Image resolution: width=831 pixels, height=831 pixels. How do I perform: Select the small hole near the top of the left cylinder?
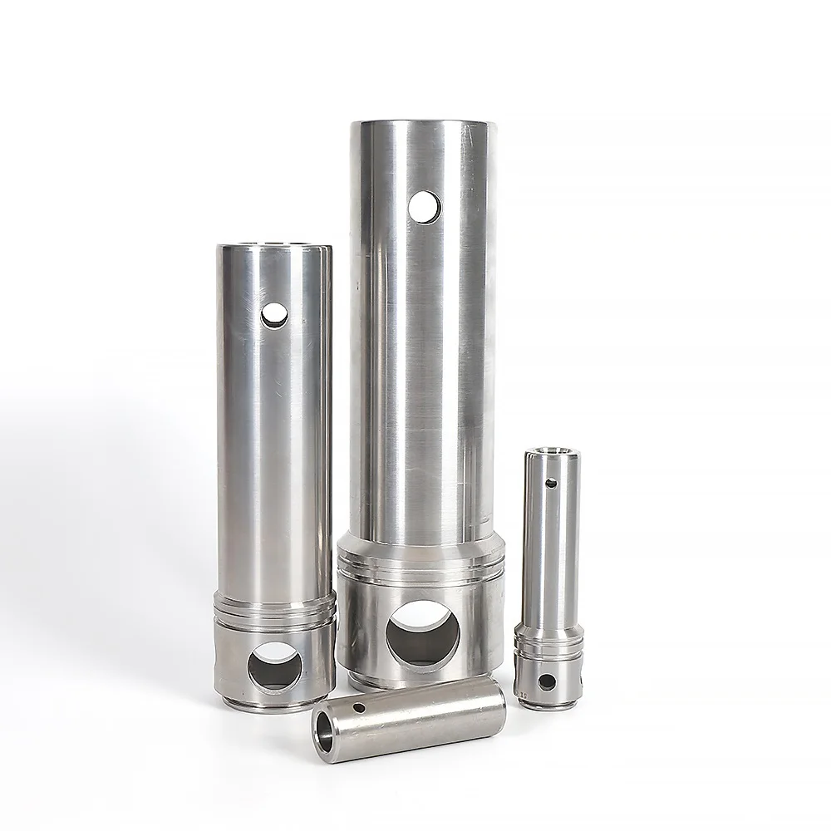point(273,314)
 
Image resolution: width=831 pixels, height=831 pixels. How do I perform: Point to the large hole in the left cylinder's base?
point(276,665)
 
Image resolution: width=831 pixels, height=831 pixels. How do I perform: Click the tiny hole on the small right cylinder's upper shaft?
point(549,482)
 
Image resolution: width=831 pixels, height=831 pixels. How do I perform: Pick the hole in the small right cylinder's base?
point(547,682)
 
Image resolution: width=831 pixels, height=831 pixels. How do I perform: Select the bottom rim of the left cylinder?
point(274,706)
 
